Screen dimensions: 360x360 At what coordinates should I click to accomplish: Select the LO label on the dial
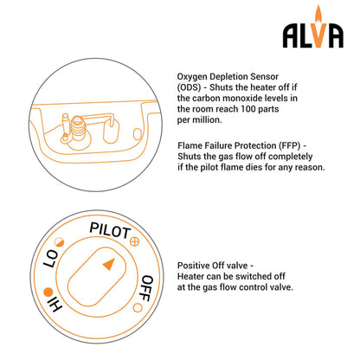point(49,258)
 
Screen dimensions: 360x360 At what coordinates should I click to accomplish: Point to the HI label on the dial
point(52,303)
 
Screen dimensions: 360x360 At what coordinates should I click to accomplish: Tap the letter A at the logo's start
point(292,34)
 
